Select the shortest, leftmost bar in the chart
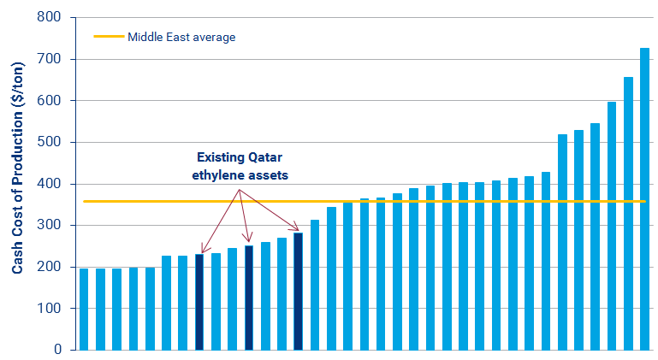pyautogui.click(x=84, y=309)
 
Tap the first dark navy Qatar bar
pyautogui.click(x=199, y=302)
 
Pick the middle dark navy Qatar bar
pyautogui.click(x=249, y=298)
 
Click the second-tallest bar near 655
pyautogui.click(x=628, y=214)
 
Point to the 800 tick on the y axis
pyautogui.click(x=48, y=17)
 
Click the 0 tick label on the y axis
pyautogui.click(x=56, y=350)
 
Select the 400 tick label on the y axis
pyautogui.click(x=48, y=184)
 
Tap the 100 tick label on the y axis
pyautogui.click(x=48, y=309)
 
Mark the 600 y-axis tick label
pyautogui.click(x=48, y=101)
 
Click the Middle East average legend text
pyautogui.click(x=181, y=37)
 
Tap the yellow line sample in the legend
pyautogui.click(x=108, y=37)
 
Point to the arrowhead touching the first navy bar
pyautogui.click(x=203, y=250)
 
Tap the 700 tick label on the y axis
pyautogui.click(x=48, y=59)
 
